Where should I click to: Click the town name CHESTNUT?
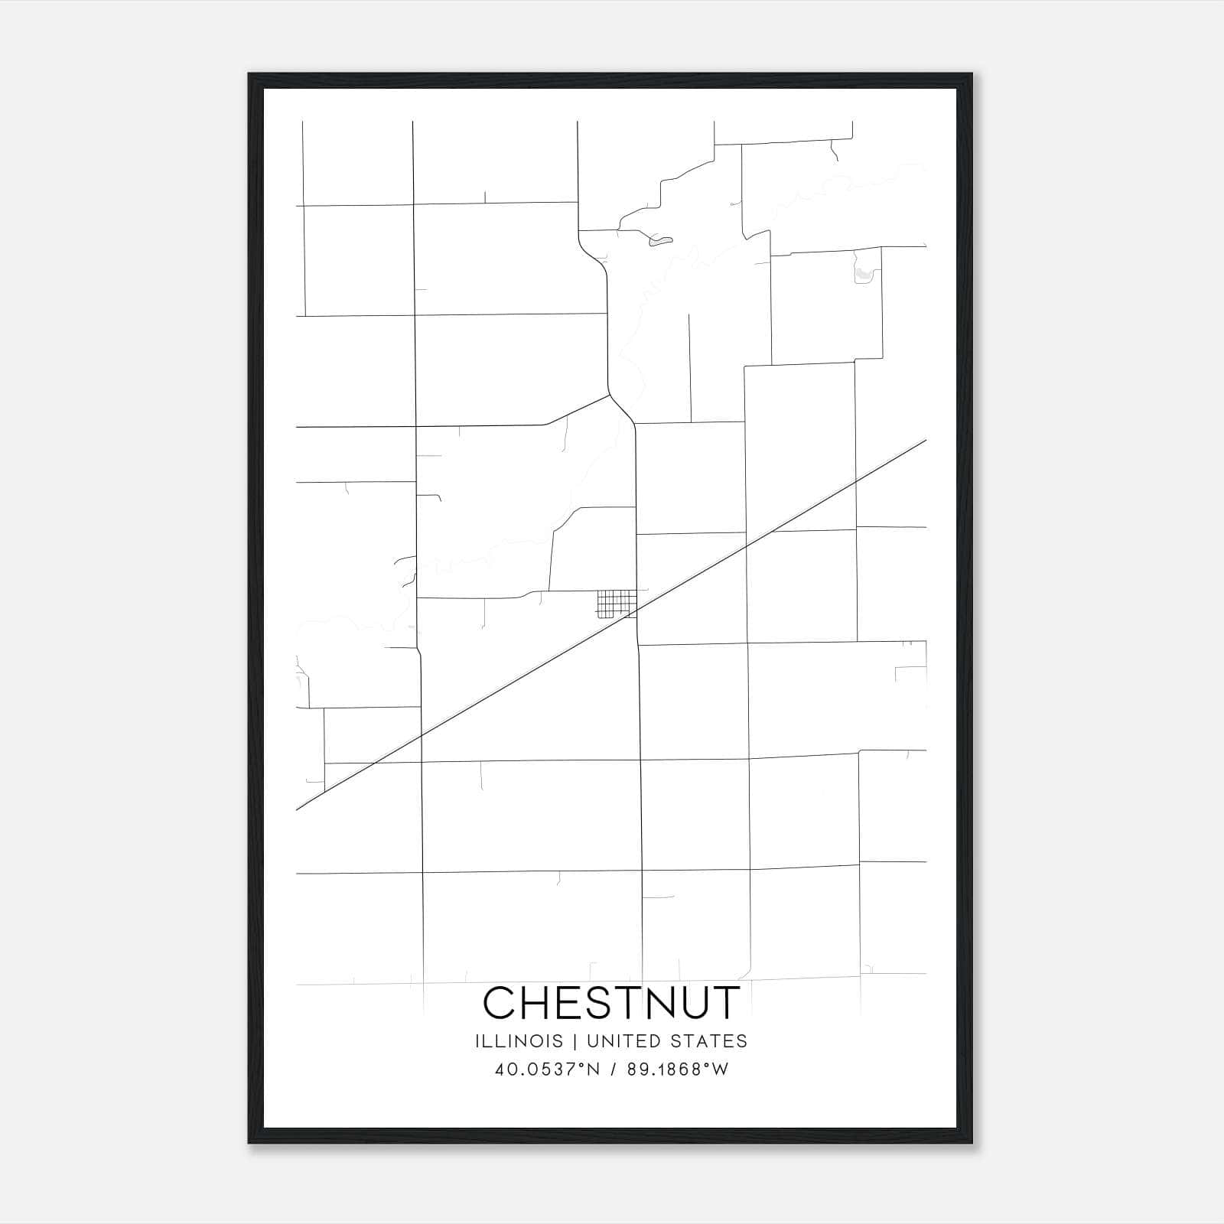click(x=612, y=1003)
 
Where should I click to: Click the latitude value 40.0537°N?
click(x=547, y=1069)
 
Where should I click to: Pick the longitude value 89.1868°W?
click(x=678, y=1069)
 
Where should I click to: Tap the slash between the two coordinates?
click(x=614, y=1069)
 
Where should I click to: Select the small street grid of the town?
click(x=616, y=604)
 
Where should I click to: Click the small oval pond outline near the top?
click(x=660, y=242)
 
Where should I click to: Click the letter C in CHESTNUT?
click(x=501, y=1003)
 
